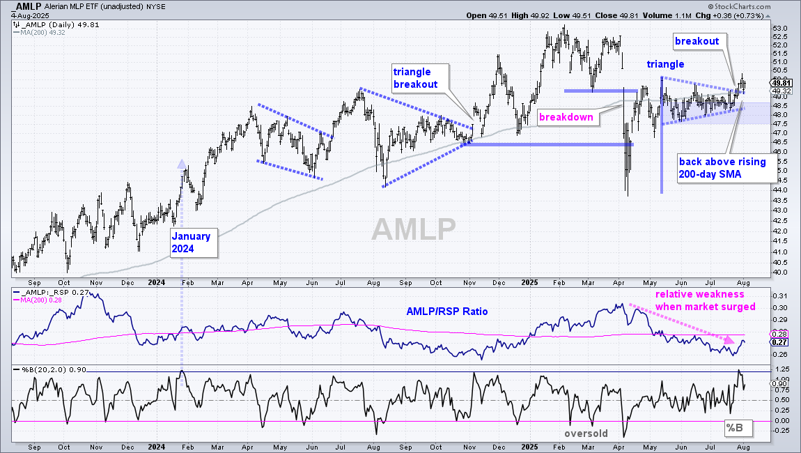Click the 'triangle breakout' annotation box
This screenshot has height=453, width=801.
(x=421, y=78)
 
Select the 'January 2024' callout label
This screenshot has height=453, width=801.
(x=194, y=243)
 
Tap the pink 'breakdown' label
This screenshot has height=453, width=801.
(x=566, y=117)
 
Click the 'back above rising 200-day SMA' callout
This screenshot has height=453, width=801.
(x=726, y=168)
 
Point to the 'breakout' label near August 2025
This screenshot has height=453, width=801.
(x=697, y=41)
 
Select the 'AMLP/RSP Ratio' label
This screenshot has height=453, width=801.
(x=447, y=312)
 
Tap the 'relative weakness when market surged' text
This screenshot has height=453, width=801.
(x=705, y=300)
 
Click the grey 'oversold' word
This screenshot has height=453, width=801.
(x=586, y=433)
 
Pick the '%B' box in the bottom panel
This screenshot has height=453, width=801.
(x=738, y=428)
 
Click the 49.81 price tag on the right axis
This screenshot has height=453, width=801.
(x=781, y=83)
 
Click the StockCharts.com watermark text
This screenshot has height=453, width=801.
(x=742, y=7)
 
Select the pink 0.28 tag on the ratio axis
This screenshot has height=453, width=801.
(x=781, y=334)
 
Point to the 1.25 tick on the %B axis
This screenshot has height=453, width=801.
(x=781, y=369)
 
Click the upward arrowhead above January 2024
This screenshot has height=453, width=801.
(x=181, y=164)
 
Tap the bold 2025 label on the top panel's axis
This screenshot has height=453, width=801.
(x=530, y=282)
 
